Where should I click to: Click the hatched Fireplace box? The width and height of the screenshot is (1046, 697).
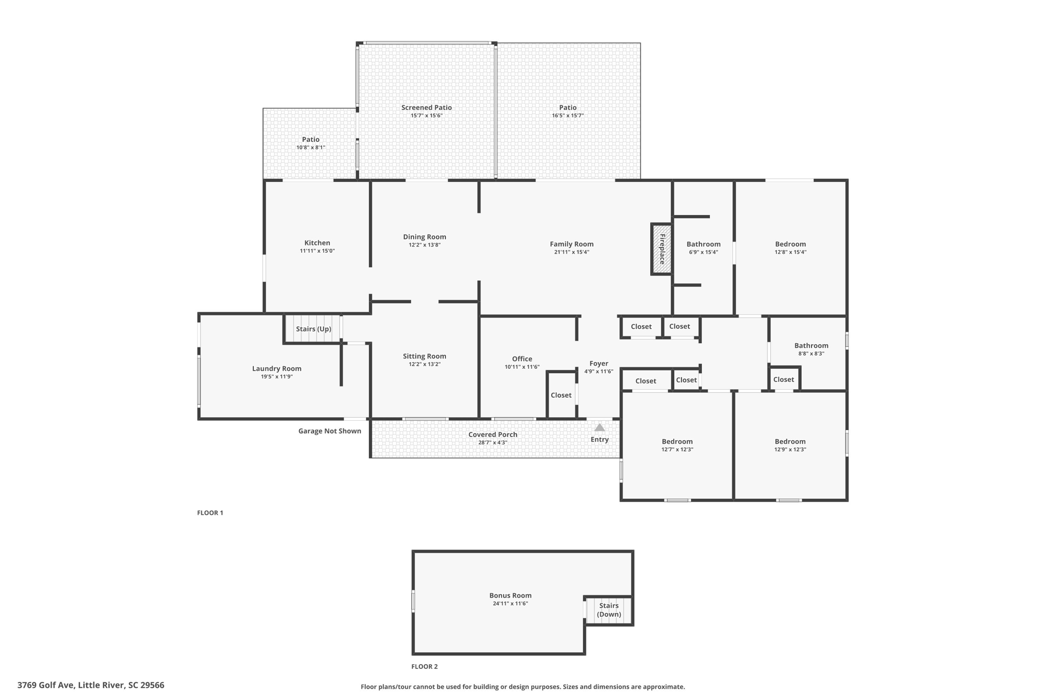(661, 249)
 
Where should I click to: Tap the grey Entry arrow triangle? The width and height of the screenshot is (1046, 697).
(600, 427)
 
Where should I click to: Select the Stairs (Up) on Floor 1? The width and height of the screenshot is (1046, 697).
(313, 329)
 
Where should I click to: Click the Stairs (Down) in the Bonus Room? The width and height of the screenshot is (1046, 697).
(609, 610)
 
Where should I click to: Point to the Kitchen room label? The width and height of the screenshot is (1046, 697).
(317, 243)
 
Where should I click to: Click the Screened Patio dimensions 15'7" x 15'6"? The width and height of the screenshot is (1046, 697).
(426, 116)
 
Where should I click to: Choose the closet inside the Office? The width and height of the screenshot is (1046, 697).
(561, 395)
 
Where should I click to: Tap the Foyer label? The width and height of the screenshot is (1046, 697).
(599, 364)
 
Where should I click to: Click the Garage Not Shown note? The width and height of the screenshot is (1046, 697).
(329, 431)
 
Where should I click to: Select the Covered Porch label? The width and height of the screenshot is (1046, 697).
(492, 435)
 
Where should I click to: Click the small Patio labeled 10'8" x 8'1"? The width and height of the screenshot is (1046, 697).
(311, 143)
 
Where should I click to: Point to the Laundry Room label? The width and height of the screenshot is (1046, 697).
(276, 369)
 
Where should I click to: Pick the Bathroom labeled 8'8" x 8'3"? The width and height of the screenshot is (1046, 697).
(811, 349)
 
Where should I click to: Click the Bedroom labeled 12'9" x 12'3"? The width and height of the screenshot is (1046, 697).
(790, 445)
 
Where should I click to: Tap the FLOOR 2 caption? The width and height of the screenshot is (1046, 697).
(424, 666)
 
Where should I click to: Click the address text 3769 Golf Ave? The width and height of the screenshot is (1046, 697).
(91, 685)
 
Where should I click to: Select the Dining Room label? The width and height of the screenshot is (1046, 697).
(424, 237)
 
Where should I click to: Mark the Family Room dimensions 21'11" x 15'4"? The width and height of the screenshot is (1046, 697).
(572, 252)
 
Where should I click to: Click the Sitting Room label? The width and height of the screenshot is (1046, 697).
(424, 356)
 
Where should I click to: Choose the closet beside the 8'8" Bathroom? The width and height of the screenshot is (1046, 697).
(783, 379)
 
